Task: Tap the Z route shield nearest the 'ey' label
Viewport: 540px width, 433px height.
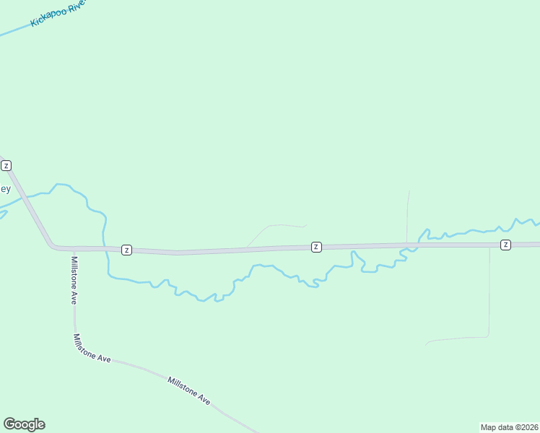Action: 6,166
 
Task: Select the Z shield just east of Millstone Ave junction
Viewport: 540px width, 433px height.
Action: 126,250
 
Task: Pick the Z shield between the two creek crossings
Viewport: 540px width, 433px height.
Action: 316,247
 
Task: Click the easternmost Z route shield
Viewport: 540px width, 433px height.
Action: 505,245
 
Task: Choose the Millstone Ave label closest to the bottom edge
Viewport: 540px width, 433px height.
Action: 189,390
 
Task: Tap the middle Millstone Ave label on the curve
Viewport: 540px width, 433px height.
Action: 92,349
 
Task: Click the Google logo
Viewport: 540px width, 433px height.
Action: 25,424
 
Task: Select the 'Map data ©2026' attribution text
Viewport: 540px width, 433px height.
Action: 509,427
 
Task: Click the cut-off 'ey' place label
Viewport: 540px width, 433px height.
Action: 4,189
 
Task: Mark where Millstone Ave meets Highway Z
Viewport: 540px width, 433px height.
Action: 71,249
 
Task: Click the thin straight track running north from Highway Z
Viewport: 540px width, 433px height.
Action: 408,216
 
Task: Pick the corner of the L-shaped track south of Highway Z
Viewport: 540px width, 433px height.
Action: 489,336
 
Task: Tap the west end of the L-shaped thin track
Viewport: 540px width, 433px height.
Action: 427,343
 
